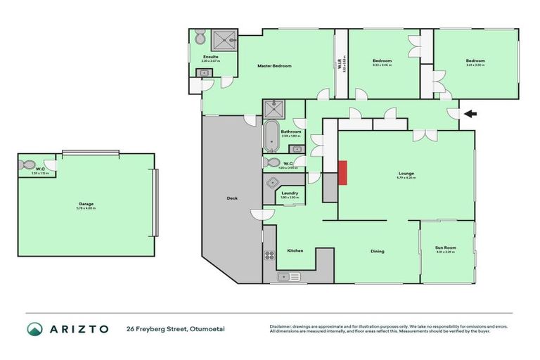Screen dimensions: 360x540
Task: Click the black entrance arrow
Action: [469, 113]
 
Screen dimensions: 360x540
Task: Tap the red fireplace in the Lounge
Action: [343, 172]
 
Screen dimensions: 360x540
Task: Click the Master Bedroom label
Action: [274, 66]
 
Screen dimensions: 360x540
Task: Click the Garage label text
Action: [86, 204]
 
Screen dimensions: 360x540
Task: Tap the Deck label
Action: [232, 198]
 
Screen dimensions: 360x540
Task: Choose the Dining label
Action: [377, 251]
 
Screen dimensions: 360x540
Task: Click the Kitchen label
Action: [295, 250]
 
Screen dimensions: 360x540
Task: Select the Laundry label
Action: [290, 193]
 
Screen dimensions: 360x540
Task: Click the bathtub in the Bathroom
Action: [271, 136]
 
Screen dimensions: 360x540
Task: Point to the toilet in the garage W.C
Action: [28, 165]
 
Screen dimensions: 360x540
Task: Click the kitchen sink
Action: [287, 276]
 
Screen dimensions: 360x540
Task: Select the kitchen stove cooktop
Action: [268, 255]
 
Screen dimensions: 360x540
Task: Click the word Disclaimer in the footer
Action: [281, 326]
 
